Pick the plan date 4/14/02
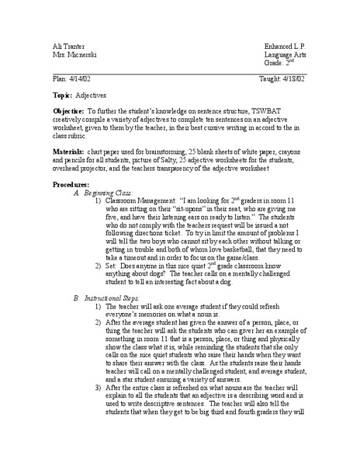(x=74, y=79)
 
